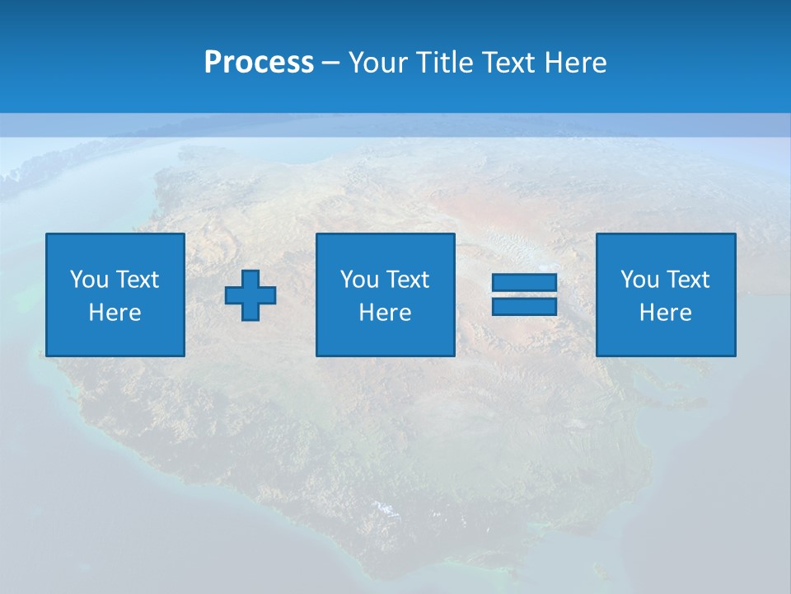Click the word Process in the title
[259, 63]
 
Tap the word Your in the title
[377, 63]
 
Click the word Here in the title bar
[576, 63]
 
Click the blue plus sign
[250, 295]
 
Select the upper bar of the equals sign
[524, 282]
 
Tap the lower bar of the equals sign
[524, 306]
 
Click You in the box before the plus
[89, 280]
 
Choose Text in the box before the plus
[137, 280]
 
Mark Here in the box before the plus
[115, 313]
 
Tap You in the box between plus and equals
[359, 280]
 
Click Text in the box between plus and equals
[407, 280]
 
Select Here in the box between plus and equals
[385, 313]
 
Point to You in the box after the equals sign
[639, 280]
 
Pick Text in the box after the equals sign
[687, 280]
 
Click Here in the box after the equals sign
[665, 313]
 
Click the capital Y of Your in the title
[356, 63]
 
